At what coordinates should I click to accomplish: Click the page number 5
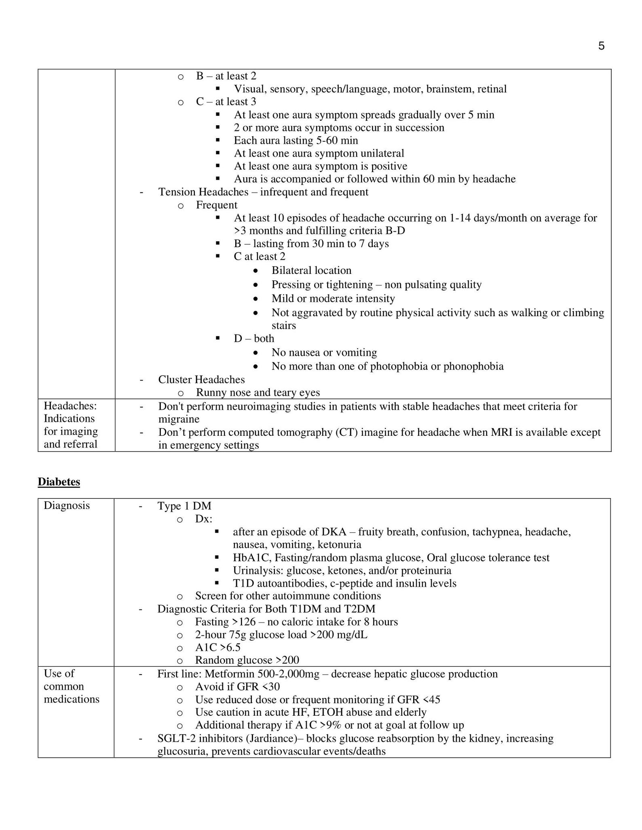pos(601,46)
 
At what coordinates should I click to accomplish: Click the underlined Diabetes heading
pos(59,481)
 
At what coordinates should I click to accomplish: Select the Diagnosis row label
pos(67,505)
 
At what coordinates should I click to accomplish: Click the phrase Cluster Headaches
pos(201,379)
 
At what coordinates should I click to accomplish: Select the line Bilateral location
pos(311,270)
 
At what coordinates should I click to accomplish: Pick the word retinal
pos(492,89)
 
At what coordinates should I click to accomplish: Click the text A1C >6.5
pos(218,647)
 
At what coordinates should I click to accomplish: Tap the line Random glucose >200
pos(247,660)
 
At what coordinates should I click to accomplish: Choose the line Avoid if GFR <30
pos(237,687)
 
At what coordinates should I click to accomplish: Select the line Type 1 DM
pos(184,506)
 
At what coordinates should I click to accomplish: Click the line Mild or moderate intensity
pos(333,298)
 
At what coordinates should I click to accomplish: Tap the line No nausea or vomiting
pos(324,352)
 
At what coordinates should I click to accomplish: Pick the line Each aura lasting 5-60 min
pos(296,141)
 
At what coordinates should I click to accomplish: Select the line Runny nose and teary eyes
pos(258,392)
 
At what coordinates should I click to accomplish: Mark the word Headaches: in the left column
pos(70,406)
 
